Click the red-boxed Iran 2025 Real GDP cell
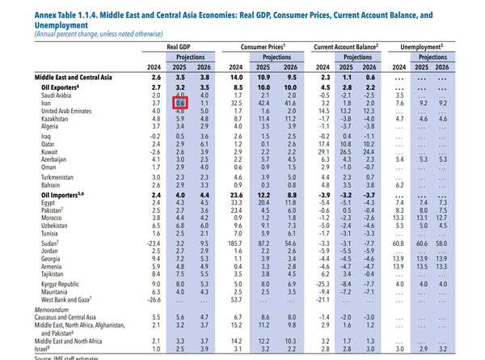181,104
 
